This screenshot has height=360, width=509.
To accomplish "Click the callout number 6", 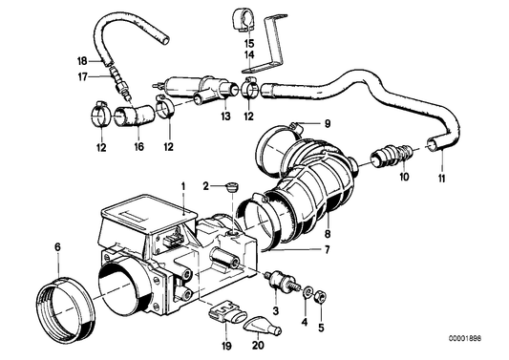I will [x=58, y=248].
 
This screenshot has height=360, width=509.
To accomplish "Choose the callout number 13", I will [x=225, y=116].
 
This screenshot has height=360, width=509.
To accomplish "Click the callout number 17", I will [x=81, y=75].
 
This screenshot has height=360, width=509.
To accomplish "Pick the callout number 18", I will [x=81, y=60].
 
